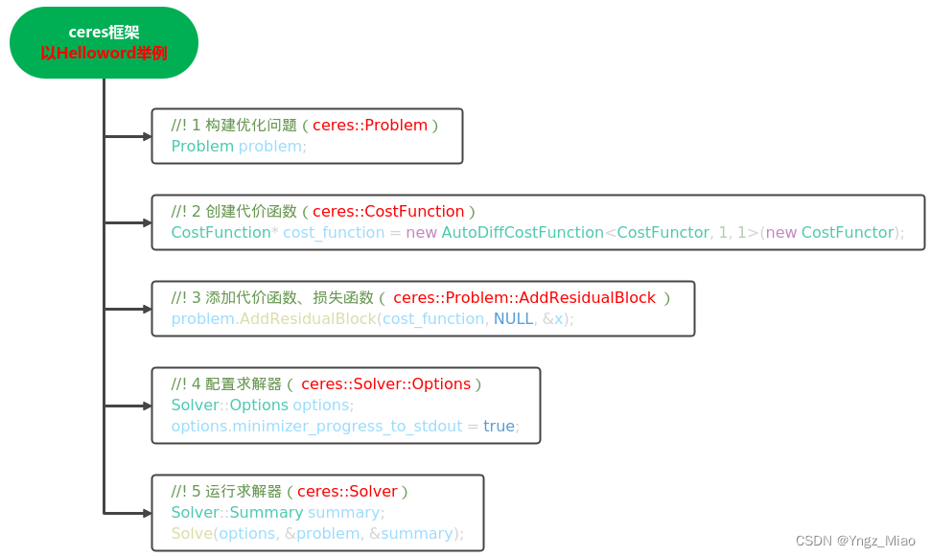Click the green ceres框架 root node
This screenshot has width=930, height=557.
pos(104,42)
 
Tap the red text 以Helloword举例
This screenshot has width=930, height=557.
pos(104,54)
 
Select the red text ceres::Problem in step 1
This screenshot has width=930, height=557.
pos(370,125)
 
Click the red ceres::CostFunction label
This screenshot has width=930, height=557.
pos(388,211)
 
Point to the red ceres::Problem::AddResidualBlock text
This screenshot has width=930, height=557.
pos(524,297)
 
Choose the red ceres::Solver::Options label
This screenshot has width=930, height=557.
pos(385,383)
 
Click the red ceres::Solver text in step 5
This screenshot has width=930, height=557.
pos(346,491)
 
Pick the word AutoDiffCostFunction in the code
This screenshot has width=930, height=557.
pos(523,232)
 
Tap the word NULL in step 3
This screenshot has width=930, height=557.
pos(513,318)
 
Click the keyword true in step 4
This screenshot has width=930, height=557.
pos(499,426)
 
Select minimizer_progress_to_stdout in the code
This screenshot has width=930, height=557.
pos(347,426)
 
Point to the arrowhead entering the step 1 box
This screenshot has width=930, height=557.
pos(147,136)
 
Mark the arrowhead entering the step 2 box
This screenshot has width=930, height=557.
pos(147,222)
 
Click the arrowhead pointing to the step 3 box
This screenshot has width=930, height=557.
pos(147,309)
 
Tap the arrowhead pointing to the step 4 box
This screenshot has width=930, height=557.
pos(147,406)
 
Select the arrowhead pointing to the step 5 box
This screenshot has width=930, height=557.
pos(147,513)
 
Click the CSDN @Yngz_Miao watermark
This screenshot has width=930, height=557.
pos(855,541)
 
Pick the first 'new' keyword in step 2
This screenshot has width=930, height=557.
pos(421,232)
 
